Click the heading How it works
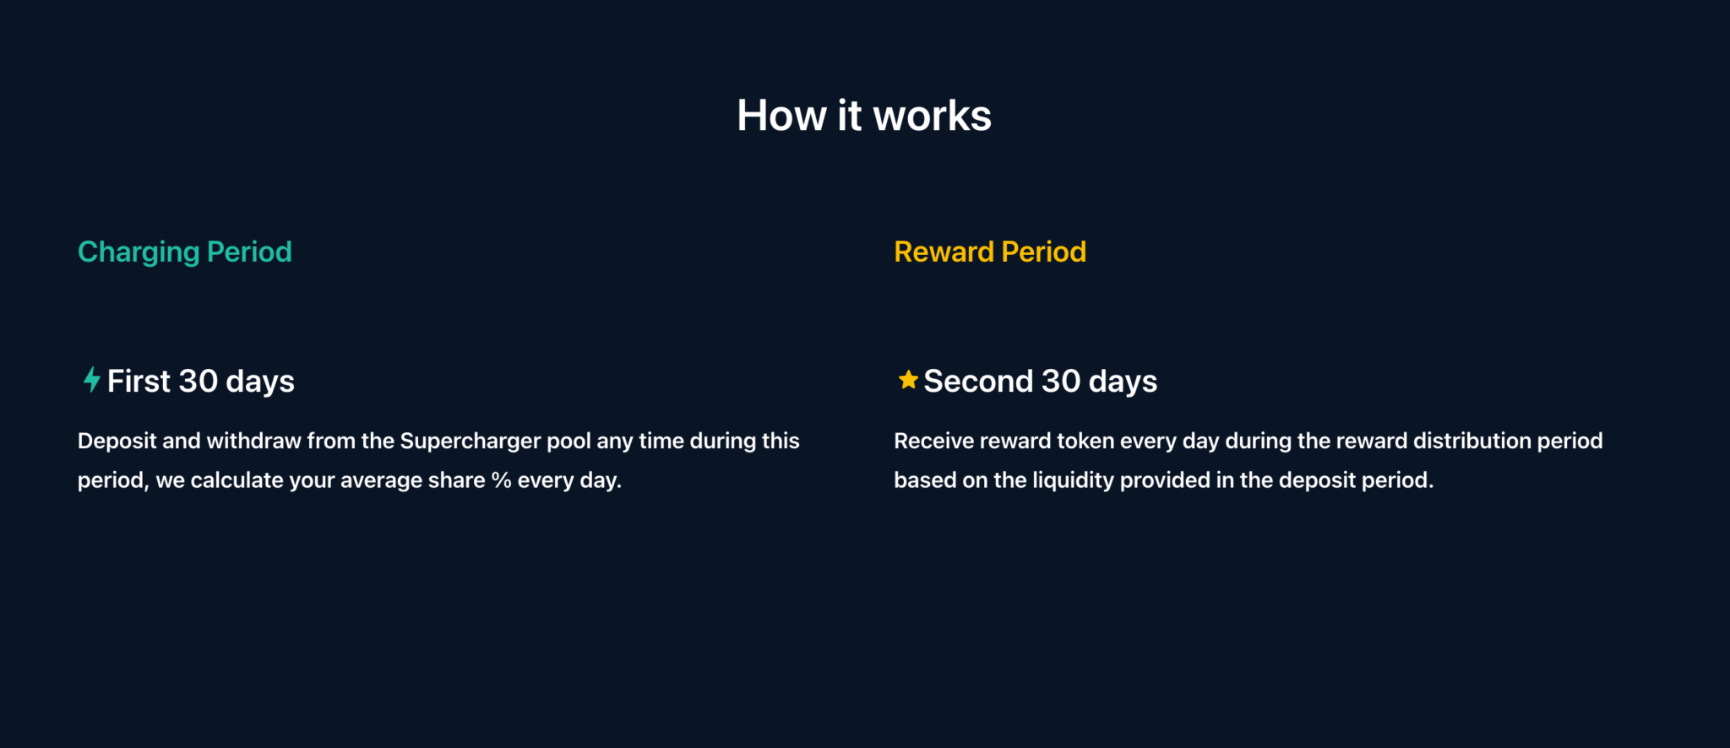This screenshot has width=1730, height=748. (864, 116)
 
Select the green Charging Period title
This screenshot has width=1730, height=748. (185, 252)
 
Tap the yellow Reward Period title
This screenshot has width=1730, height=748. (990, 252)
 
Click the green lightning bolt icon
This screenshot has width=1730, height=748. (92, 380)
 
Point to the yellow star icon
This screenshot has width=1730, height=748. (908, 380)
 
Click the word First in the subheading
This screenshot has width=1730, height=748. (139, 381)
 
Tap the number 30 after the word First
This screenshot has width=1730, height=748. (199, 381)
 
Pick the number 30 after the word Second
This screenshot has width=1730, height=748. (1061, 381)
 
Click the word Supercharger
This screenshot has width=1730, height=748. (471, 442)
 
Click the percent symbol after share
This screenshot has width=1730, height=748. (502, 480)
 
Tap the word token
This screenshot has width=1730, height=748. (1085, 441)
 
